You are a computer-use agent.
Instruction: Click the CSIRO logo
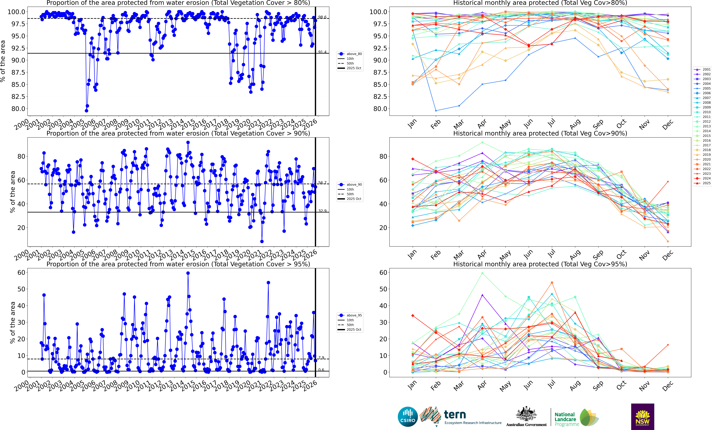(407, 417)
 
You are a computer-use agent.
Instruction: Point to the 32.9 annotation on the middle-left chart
(322, 211)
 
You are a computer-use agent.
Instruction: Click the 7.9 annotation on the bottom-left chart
(321, 358)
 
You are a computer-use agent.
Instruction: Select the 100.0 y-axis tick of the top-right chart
(378, 12)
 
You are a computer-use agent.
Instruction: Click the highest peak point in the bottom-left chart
(188, 273)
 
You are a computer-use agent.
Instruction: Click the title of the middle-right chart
(540, 133)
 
